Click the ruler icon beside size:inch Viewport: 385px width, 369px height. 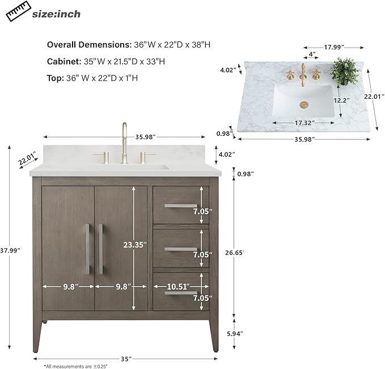(18, 11)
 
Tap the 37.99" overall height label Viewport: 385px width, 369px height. (10, 250)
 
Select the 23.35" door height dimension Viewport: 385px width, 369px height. (135, 245)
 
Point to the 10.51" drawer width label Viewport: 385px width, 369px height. (179, 286)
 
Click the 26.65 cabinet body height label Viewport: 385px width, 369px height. (235, 253)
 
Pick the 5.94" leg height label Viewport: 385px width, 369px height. (235, 334)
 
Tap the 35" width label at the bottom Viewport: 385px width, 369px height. (125, 359)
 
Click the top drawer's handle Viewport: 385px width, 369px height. (181, 206)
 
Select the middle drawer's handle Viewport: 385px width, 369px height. (181, 249)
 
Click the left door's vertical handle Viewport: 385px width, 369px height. (88, 249)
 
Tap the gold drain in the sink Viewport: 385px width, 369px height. (304, 104)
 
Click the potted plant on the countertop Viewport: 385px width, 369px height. (345, 72)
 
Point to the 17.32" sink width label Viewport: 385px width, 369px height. (303, 123)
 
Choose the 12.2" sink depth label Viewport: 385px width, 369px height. (341, 100)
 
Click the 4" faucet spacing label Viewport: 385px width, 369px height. (312, 54)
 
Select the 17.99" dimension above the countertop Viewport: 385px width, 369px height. (334, 47)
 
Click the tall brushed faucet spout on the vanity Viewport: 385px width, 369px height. (125, 142)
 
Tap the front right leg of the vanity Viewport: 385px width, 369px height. (214, 336)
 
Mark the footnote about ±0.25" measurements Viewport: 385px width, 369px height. (76, 366)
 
